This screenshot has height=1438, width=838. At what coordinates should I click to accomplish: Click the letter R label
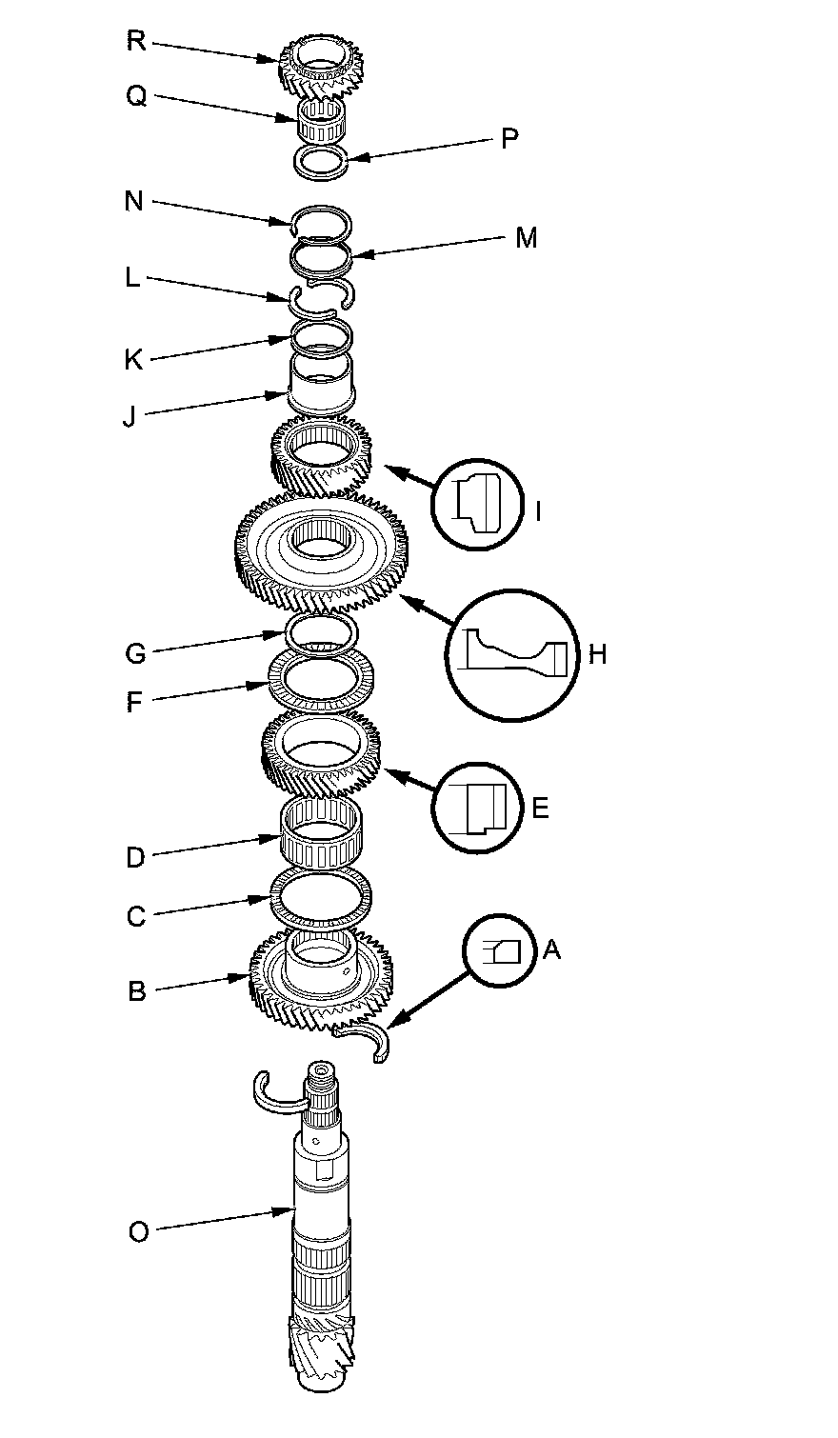136,42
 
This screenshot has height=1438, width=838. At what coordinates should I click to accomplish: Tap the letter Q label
136,96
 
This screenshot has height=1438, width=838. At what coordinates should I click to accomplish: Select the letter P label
509,139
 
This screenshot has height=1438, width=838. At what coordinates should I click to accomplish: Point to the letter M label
526,237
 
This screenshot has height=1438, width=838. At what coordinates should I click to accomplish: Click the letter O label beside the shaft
138,1231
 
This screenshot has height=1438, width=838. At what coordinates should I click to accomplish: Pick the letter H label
597,653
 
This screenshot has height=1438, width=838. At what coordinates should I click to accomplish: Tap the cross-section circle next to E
478,808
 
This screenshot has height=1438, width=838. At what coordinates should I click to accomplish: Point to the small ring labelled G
322,630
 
